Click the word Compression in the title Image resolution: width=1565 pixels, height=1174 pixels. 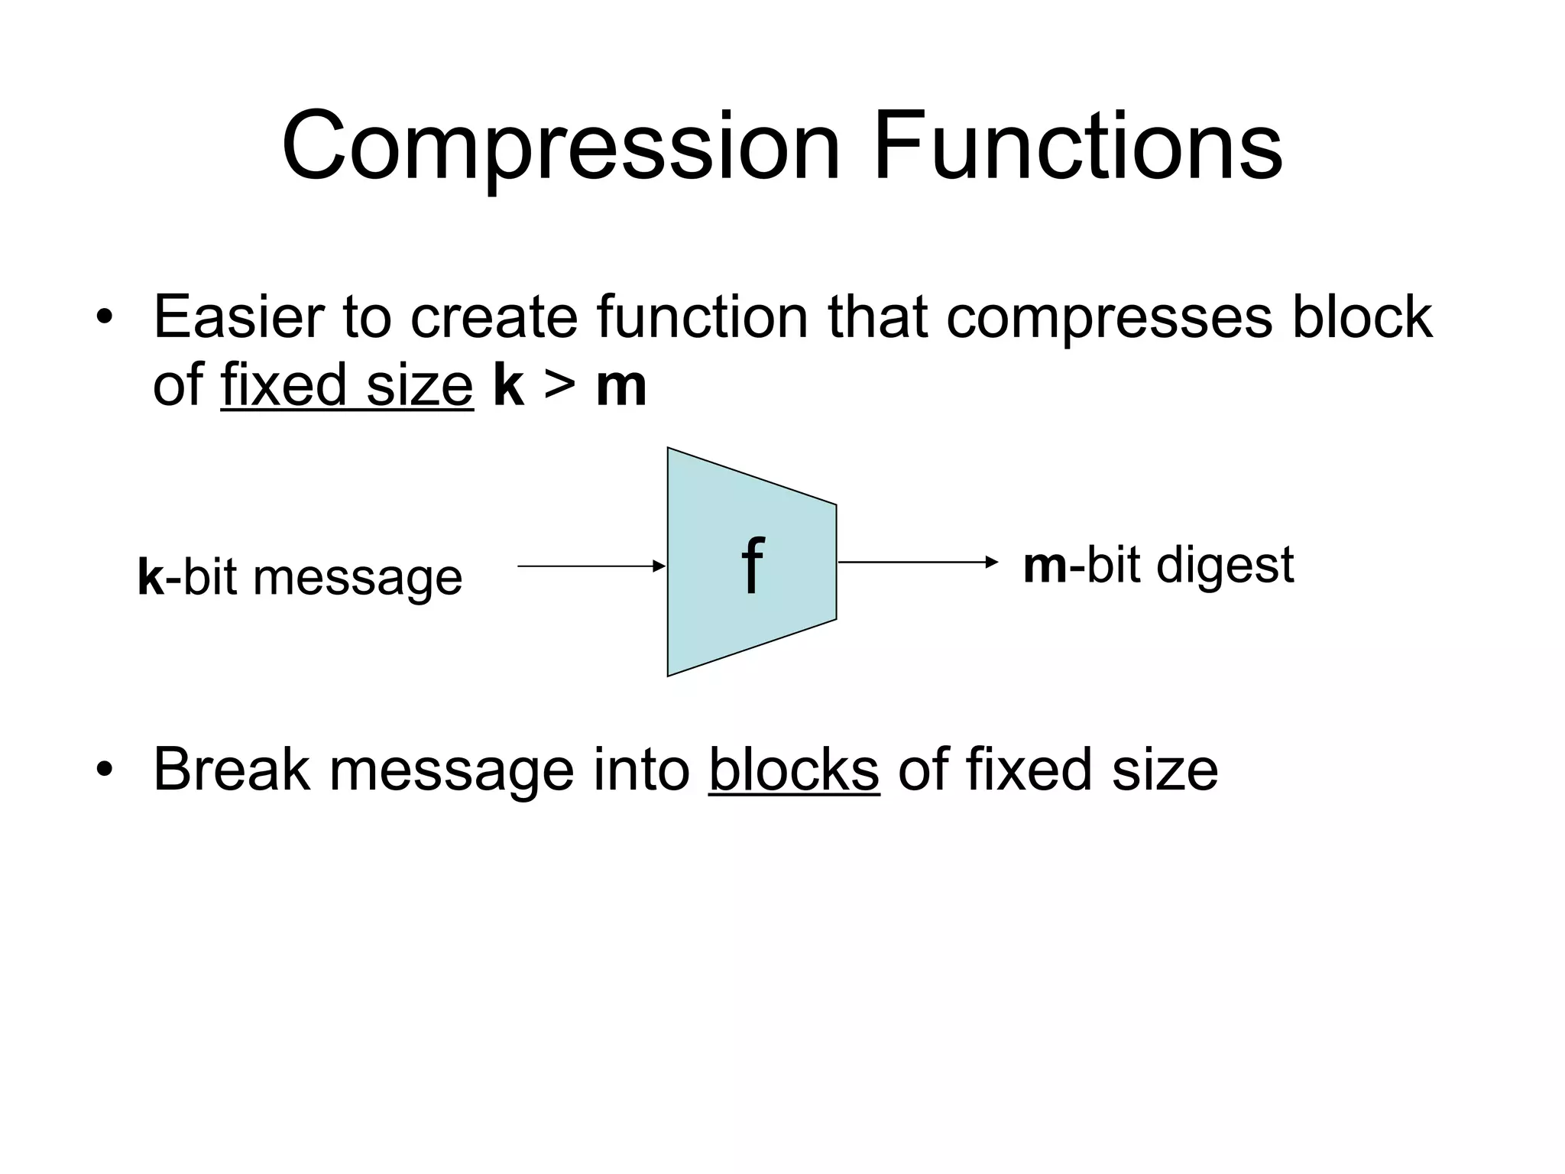[562, 147]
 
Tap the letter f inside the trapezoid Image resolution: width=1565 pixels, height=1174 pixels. [753, 566]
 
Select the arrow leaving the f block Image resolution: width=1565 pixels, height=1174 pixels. [918, 563]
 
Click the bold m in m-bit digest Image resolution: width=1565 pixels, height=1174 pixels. [1045, 566]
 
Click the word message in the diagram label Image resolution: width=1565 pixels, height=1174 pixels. [358, 579]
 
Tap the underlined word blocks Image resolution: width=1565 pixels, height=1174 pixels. [794, 770]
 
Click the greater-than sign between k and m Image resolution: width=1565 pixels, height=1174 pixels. [560, 385]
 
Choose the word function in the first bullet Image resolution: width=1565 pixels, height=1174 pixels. [702, 316]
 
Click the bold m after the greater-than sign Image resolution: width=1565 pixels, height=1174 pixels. [621, 387]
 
